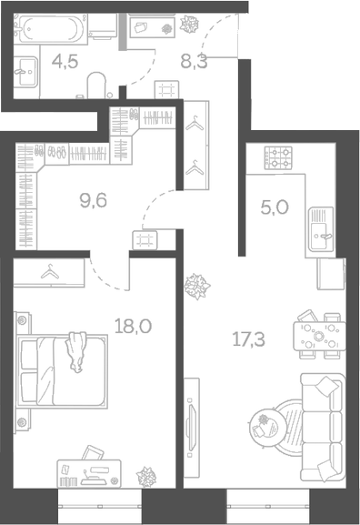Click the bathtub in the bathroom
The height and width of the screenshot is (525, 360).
tap(53, 30)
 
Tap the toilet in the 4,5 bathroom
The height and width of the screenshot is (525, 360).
tap(95, 87)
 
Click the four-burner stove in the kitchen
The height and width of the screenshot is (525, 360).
tap(277, 158)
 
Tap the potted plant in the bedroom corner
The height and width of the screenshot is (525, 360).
tap(145, 476)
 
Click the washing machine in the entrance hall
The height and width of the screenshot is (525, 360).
tap(145, 28)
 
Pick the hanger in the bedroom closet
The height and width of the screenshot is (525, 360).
tap(52, 270)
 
